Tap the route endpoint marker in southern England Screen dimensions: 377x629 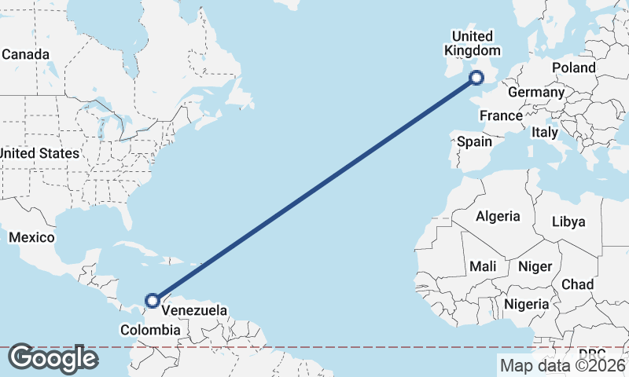(x=476, y=77)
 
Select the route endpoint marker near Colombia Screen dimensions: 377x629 (x=153, y=300)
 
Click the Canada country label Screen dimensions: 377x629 (x=26, y=54)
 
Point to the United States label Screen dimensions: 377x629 (x=39, y=153)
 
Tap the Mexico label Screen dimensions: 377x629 (x=31, y=237)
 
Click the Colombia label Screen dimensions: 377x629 (x=150, y=331)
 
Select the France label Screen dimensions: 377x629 (x=501, y=115)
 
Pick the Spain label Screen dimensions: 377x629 (x=474, y=142)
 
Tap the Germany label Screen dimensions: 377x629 (x=536, y=93)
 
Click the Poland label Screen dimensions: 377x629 (x=573, y=68)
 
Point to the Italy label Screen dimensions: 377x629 (x=545, y=133)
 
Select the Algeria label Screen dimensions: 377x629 (x=498, y=216)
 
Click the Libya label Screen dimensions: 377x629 (x=569, y=221)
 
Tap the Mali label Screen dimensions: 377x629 (x=483, y=267)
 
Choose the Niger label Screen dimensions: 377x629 (x=535, y=267)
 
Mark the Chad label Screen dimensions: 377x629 (x=577, y=284)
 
